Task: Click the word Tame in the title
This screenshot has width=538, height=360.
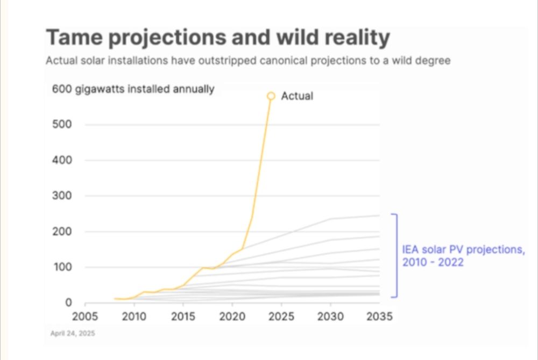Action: (72, 38)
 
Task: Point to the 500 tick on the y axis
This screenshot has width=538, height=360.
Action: (62, 124)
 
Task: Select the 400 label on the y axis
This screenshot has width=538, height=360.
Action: (62, 160)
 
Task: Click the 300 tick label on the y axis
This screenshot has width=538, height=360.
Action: (62, 196)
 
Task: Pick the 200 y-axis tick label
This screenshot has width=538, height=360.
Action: (62, 231)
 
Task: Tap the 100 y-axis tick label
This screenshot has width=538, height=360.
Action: (62, 267)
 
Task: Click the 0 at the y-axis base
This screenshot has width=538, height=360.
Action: (68, 303)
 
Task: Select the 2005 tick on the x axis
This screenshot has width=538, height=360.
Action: (85, 316)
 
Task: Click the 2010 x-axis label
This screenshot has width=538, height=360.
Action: (134, 316)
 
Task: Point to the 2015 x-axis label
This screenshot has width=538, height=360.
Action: (183, 316)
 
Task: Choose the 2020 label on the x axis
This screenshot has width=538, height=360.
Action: (232, 316)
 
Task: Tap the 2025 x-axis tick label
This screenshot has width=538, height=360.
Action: (281, 316)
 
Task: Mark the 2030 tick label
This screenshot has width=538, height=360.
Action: (330, 316)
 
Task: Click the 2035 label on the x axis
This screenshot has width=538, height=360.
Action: (379, 316)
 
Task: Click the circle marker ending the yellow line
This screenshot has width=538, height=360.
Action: (271, 96)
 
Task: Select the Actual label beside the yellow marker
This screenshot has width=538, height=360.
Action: (297, 96)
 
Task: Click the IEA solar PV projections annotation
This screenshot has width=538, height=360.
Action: (463, 256)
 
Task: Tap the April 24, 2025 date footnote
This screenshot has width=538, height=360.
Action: (73, 334)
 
